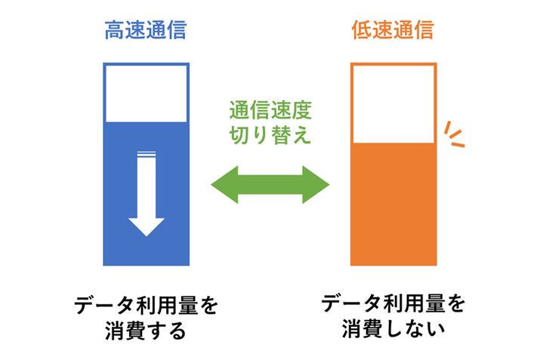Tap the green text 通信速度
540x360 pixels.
[270, 110]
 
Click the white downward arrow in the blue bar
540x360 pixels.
[147, 195]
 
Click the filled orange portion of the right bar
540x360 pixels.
[393, 204]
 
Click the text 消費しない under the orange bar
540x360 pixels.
[393, 330]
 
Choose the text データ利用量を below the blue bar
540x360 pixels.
[146, 305]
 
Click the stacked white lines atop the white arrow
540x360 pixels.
[147, 155]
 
